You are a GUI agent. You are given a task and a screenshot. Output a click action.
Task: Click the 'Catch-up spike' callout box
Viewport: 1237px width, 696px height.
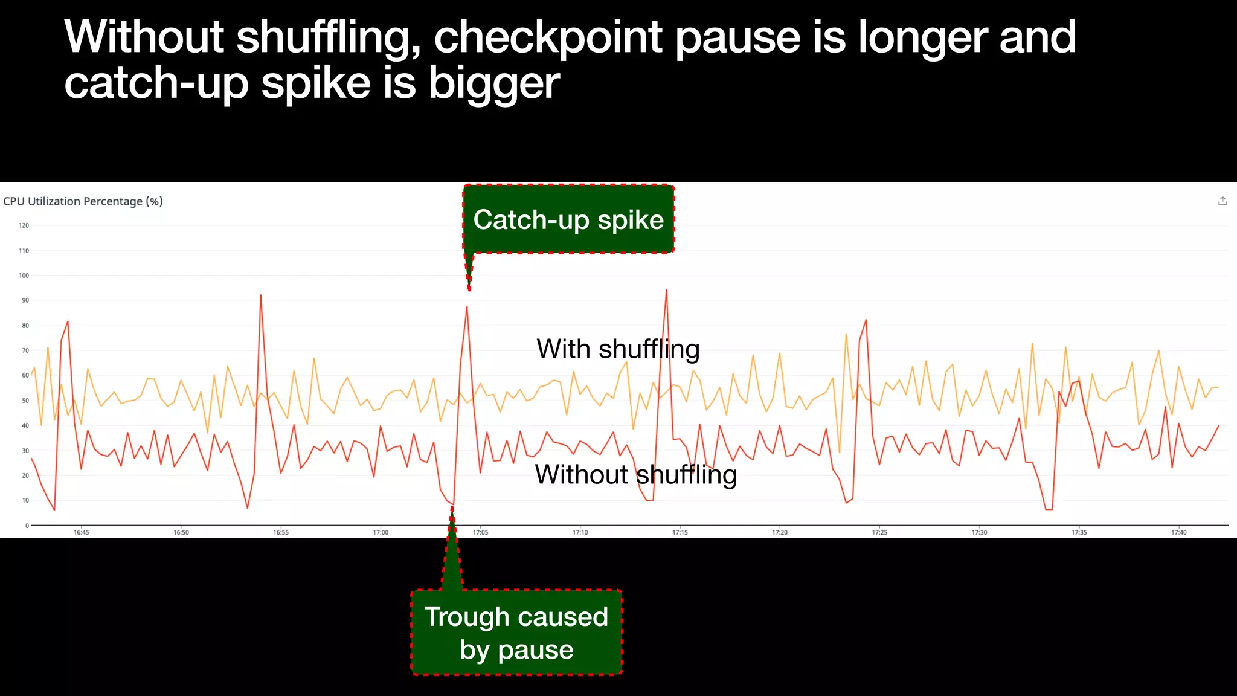pos(568,219)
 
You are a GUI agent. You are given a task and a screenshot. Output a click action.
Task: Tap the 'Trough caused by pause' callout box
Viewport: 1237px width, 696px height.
pos(516,633)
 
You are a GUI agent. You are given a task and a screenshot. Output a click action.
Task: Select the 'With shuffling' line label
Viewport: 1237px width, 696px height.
pos(618,349)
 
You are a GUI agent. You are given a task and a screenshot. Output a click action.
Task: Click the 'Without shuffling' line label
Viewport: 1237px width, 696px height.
pos(635,474)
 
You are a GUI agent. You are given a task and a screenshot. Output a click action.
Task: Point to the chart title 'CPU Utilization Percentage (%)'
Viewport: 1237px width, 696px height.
pos(83,201)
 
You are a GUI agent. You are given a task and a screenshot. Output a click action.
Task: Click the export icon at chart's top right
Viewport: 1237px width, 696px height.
pos(1223,201)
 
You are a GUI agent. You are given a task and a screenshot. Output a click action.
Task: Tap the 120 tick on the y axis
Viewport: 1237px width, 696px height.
pos(24,225)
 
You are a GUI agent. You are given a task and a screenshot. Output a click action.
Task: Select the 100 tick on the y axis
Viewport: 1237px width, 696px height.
pos(24,275)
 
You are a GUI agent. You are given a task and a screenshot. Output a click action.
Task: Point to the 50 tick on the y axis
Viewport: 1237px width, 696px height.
pos(25,401)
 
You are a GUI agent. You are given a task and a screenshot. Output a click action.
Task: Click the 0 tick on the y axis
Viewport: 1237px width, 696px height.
pos(27,526)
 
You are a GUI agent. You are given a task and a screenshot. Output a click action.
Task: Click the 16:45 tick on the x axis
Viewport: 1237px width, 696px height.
pos(82,533)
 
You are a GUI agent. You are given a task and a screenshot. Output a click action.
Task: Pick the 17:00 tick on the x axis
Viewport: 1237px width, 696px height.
pos(381,533)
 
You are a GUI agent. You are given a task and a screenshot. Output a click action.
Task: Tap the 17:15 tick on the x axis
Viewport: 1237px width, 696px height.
pos(680,533)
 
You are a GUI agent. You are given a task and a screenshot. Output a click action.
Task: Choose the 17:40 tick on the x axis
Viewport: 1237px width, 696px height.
pos(1179,533)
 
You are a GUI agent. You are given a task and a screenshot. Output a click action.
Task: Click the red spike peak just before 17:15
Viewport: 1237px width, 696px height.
pos(666,290)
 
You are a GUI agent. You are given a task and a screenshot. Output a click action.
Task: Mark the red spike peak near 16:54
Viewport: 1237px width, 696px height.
pos(260,295)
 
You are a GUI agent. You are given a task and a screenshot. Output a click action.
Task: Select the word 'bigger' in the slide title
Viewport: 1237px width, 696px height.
pos(493,83)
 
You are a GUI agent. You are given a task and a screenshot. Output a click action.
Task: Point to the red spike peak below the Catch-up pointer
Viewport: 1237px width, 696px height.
pos(467,307)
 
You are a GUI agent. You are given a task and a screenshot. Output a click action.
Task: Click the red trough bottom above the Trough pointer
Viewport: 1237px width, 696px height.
pos(453,505)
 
